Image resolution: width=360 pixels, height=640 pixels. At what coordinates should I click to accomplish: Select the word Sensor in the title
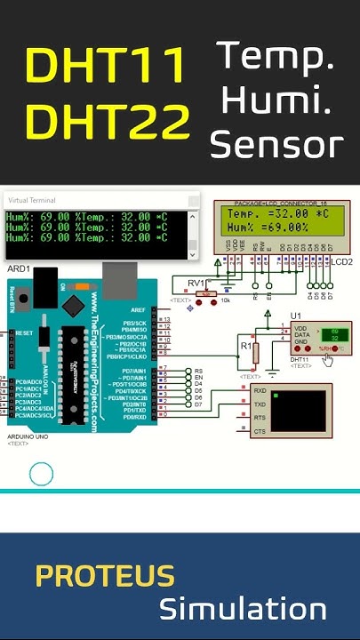(x=276, y=144)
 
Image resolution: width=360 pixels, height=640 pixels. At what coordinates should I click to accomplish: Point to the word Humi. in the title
(x=276, y=100)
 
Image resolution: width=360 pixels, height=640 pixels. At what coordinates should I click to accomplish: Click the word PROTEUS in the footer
(x=105, y=576)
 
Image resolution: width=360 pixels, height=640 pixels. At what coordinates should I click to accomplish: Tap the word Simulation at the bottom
(x=243, y=610)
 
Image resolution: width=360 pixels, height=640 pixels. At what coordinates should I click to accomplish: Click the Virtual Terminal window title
(x=32, y=202)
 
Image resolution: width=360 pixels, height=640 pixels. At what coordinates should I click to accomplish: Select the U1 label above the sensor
(x=296, y=314)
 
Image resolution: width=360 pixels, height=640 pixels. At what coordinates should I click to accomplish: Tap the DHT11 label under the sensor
(x=300, y=358)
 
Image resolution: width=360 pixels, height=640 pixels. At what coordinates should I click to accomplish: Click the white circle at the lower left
(x=42, y=474)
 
